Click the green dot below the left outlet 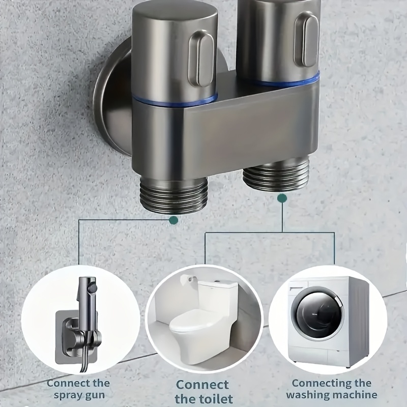pos(173,220)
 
